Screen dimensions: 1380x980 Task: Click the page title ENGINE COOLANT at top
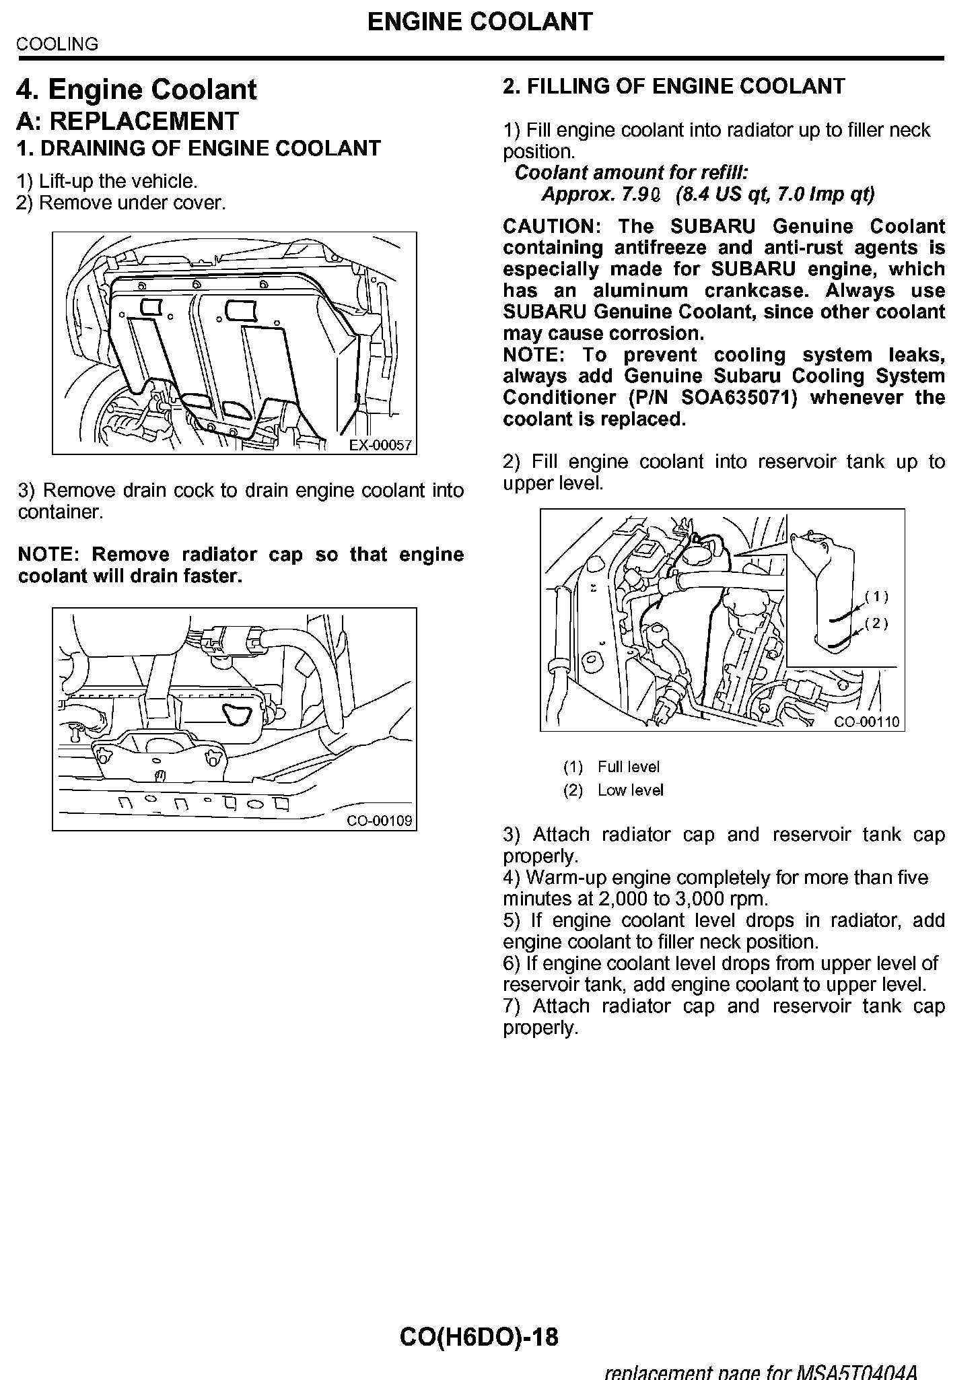tap(480, 22)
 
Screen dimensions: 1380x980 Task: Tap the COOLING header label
tap(57, 44)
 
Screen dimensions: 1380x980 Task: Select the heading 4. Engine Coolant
tap(137, 90)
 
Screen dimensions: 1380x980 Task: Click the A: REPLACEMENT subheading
tap(128, 121)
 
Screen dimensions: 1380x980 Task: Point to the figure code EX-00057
tap(380, 445)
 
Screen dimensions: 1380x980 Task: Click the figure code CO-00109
tap(380, 821)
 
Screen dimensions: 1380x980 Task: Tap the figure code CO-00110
tap(867, 722)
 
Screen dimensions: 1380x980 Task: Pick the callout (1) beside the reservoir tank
tap(876, 596)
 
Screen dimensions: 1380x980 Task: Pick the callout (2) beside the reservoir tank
tap(876, 623)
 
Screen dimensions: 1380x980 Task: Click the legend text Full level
tap(629, 767)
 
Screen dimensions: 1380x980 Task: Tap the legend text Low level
tap(631, 790)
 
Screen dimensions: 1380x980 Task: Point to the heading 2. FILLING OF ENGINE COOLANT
tap(674, 86)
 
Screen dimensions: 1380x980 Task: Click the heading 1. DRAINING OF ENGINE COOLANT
tap(199, 149)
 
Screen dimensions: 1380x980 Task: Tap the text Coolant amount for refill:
tap(631, 173)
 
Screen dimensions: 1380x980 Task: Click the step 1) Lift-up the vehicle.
tap(108, 181)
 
